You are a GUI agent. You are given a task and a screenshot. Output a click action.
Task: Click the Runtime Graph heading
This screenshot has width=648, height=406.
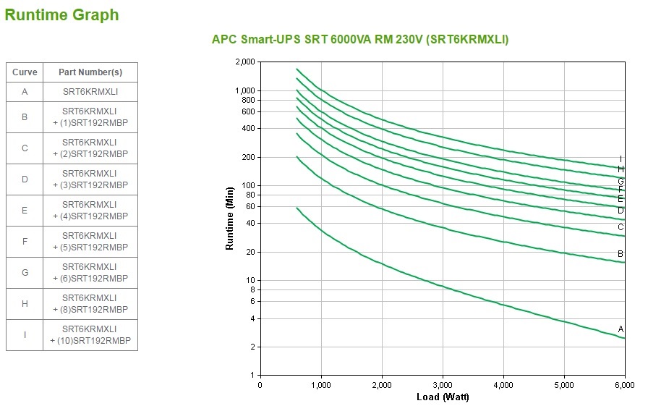(61, 14)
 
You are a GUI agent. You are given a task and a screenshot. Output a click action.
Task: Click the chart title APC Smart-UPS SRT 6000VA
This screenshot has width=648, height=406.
(359, 40)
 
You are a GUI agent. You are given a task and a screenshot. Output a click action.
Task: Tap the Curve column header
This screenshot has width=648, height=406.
(25, 72)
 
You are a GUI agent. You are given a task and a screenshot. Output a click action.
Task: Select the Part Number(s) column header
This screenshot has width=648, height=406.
(90, 72)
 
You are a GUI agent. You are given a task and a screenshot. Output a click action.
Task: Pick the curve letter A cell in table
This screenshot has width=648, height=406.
(25, 92)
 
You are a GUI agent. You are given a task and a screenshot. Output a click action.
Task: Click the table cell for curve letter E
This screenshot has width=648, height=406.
(25, 210)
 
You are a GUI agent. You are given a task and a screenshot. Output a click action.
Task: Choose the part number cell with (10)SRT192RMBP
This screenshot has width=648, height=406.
(90, 335)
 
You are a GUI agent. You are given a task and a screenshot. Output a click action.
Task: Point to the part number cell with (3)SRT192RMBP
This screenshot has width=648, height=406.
(90, 179)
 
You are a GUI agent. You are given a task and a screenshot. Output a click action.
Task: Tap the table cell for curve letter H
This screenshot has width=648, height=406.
(25, 304)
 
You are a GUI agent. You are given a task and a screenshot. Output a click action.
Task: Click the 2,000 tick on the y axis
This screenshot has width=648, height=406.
(245, 62)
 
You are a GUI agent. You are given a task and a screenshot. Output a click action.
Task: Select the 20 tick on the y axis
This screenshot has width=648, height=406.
(250, 252)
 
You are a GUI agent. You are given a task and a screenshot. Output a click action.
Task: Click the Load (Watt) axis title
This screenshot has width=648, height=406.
(443, 397)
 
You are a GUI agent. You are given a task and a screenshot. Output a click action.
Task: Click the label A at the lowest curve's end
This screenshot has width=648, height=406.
(621, 329)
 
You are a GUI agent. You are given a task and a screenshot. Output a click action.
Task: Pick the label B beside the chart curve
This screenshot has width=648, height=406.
(621, 254)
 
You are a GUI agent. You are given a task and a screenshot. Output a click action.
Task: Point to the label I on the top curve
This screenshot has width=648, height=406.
(621, 159)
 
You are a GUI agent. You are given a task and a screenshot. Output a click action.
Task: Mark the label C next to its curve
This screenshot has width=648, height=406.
(621, 227)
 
